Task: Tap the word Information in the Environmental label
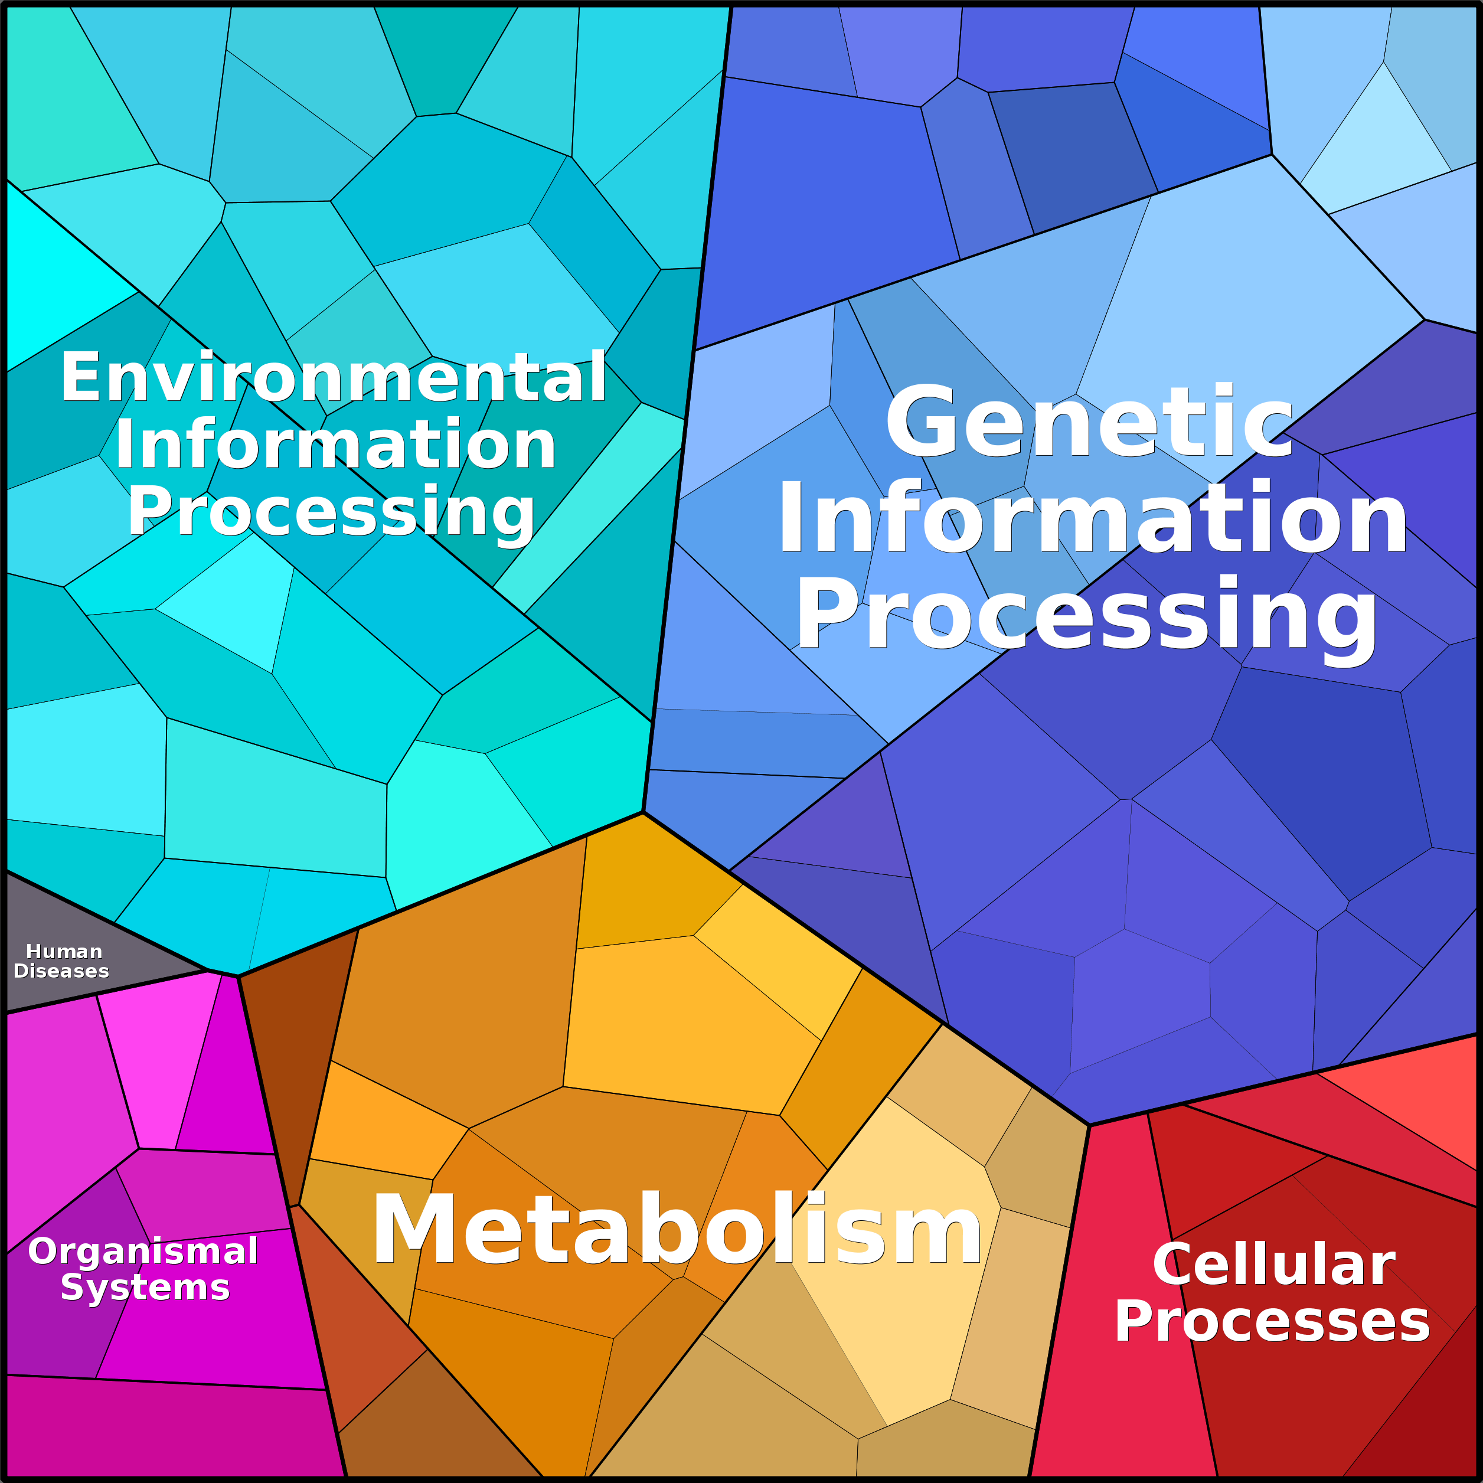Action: (x=335, y=445)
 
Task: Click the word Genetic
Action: (x=1090, y=422)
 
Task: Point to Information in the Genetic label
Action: (x=1092, y=518)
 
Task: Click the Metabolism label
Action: (x=675, y=1230)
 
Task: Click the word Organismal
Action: (x=143, y=1251)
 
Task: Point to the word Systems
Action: (x=145, y=1287)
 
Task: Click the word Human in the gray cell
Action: (x=64, y=952)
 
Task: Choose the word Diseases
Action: (x=61, y=971)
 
